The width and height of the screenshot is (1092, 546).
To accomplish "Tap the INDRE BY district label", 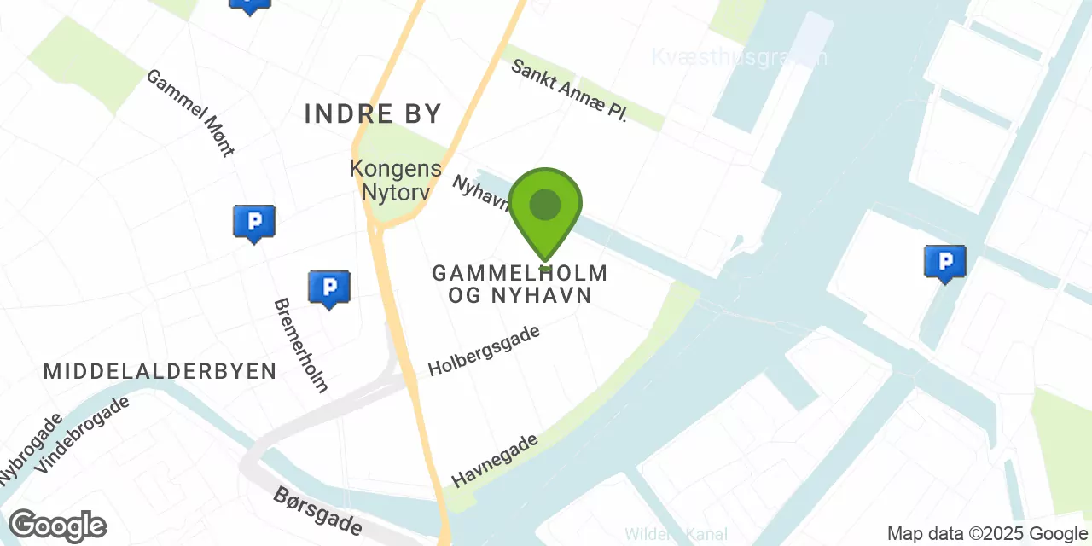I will click(x=373, y=113).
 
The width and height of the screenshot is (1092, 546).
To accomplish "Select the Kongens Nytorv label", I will click(x=395, y=180).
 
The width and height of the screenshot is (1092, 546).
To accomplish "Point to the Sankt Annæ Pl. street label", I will click(x=569, y=90).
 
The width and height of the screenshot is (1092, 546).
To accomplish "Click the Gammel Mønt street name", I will click(x=189, y=113).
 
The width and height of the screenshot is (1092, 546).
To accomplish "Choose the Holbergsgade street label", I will click(x=484, y=351).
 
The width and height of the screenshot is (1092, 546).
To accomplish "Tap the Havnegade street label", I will click(x=495, y=460).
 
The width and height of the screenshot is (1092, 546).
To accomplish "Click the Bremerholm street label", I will click(x=300, y=345).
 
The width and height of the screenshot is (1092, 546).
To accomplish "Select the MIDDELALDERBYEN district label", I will click(x=160, y=371).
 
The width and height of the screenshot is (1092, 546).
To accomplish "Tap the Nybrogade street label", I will click(x=30, y=450).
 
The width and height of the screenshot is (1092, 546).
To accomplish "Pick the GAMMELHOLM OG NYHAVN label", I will click(x=520, y=284).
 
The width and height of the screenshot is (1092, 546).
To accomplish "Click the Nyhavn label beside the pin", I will click(x=480, y=195).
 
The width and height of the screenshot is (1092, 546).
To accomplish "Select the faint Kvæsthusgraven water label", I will click(x=739, y=57).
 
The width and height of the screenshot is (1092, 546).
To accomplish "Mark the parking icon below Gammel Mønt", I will click(x=253, y=222).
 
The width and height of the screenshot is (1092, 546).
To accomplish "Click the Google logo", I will click(x=57, y=526).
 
